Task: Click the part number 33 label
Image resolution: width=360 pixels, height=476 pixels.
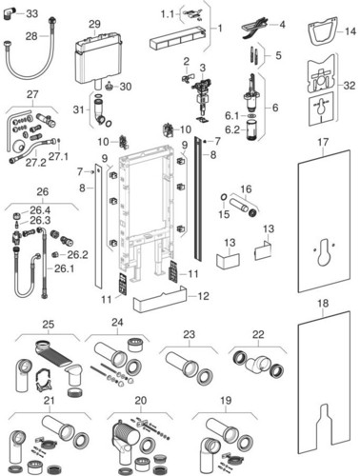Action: [31, 13]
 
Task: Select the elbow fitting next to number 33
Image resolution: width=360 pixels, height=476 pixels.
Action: [8, 13]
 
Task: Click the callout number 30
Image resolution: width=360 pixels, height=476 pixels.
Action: [126, 87]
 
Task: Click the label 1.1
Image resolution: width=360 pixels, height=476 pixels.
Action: [168, 14]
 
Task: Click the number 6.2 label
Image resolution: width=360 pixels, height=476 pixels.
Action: [232, 129]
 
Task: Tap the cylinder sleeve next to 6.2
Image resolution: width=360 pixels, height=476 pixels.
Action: [252, 130]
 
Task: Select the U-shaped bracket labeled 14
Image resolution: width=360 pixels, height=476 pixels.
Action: [322, 31]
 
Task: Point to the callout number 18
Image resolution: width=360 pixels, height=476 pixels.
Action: [323, 304]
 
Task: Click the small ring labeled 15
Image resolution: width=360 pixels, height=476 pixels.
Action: [224, 199]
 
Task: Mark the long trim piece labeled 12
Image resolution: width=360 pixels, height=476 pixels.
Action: [160, 299]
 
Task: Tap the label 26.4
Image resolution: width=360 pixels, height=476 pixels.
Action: [40, 210]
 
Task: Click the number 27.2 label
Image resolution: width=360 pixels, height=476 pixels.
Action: [35, 162]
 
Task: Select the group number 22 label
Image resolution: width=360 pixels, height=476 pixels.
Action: [258, 334]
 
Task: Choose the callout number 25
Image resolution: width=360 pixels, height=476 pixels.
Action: [49, 325]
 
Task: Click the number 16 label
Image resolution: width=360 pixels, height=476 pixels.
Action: [246, 189]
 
